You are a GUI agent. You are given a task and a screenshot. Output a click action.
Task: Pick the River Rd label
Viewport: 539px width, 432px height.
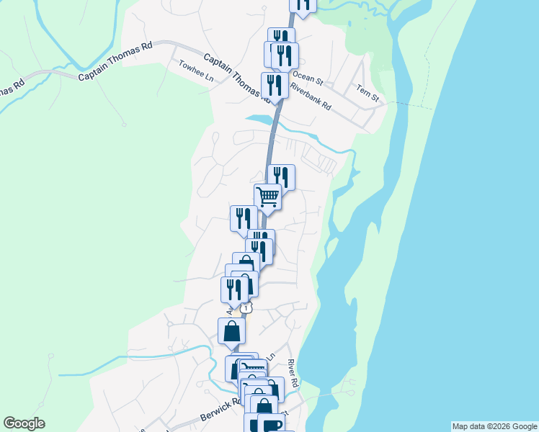[x=292, y=372]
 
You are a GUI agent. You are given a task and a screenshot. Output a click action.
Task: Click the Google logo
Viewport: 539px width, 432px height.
[x=24, y=423]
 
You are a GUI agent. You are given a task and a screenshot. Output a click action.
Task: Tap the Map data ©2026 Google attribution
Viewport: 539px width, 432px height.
[x=494, y=426]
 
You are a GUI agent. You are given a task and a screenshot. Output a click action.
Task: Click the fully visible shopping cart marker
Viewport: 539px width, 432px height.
[x=267, y=196]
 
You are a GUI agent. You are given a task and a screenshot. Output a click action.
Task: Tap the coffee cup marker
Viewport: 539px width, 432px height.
[x=270, y=425]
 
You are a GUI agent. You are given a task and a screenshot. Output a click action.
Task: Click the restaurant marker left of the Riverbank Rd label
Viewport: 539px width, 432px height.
[x=275, y=85]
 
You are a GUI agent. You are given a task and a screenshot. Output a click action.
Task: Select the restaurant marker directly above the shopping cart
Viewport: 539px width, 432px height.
[x=281, y=176]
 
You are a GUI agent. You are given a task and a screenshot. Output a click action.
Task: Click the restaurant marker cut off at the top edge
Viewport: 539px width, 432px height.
[x=303, y=4]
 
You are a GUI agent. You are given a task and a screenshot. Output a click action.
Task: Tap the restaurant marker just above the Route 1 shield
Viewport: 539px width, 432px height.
[x=233, y=289]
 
